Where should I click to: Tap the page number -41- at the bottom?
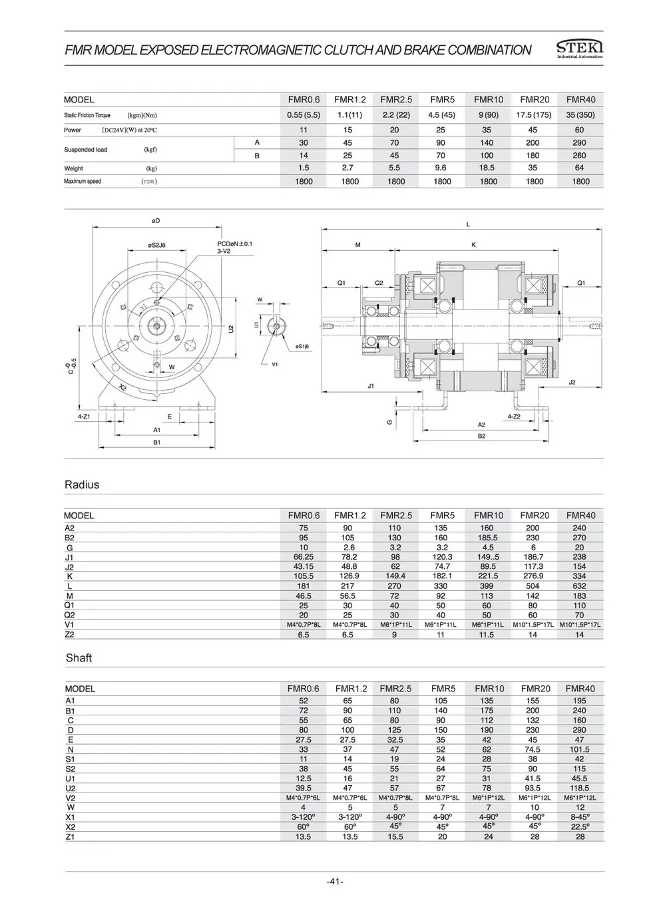335,882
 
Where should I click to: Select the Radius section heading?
82,484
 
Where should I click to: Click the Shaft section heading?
79,657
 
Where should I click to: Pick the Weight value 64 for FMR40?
579,168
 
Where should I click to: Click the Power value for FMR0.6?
304,130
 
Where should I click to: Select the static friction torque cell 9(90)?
488,115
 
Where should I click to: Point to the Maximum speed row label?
83,182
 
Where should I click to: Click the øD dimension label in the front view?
155,220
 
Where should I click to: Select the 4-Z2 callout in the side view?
513,416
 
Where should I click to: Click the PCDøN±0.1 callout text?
235,244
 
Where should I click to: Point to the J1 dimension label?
371,385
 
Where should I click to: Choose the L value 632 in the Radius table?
579,586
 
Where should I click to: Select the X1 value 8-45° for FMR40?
579,816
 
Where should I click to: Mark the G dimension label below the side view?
389,422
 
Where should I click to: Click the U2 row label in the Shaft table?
71,788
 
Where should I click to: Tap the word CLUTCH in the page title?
346,50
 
